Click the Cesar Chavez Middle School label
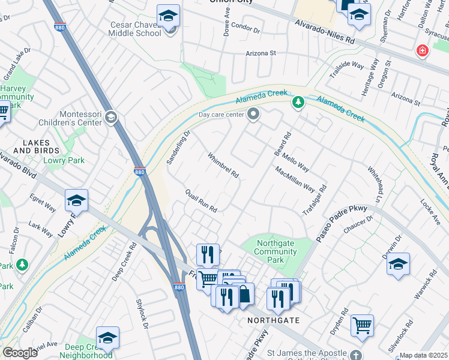(136, 29)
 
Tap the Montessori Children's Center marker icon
(110, 117)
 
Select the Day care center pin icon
(254, 113)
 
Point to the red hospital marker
(423, 51)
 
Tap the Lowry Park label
(64, 161)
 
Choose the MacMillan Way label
(295, 179)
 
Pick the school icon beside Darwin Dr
(398, 265)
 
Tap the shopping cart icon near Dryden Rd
(362, 326)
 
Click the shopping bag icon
(244, 295)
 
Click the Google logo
(20, 353)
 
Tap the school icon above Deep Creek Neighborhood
(107, 338)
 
